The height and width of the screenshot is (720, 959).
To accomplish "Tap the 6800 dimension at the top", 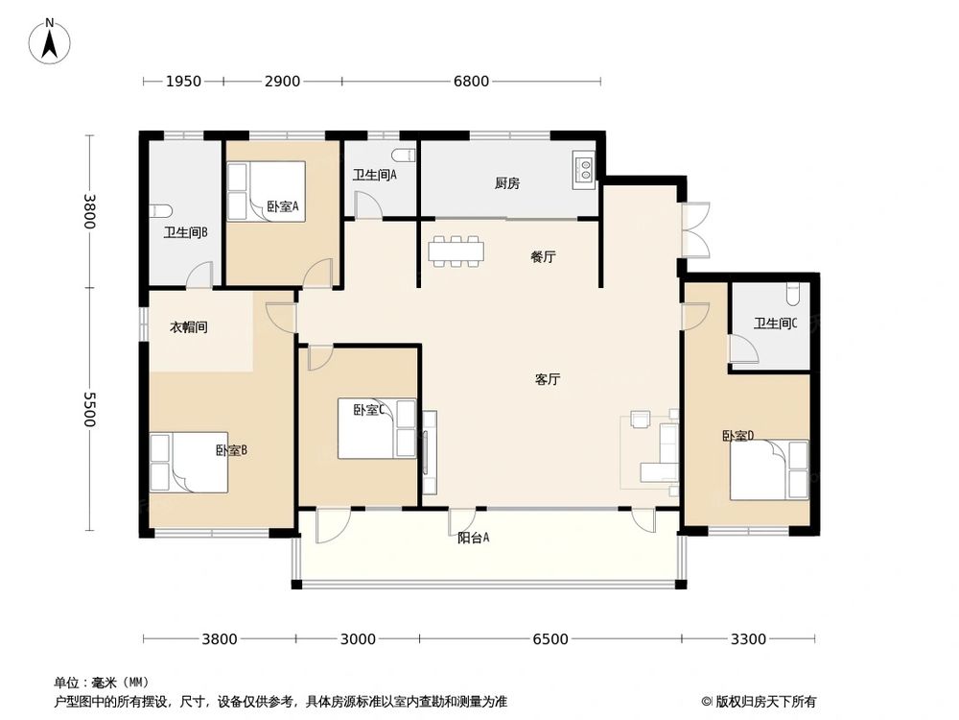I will click(x=471, y=82).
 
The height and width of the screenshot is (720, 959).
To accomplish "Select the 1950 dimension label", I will click(x=183, y=82).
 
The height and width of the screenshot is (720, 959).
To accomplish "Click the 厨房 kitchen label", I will click(x=507, y=183).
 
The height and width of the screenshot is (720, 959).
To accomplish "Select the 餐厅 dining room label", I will click(x=544, y=257).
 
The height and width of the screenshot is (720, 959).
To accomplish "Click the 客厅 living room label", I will click(x=548, y=379).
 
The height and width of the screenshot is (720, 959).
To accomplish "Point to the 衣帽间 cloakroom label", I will click(x=189, y=327).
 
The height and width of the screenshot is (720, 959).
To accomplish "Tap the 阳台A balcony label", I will click(x=474, y=539).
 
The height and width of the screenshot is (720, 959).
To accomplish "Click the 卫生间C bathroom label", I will click(x=776, y=324).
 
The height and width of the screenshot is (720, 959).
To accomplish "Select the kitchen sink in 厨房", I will click(x=583, y=169).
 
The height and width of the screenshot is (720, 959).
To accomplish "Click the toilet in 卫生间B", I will click(x=161, y=211).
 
